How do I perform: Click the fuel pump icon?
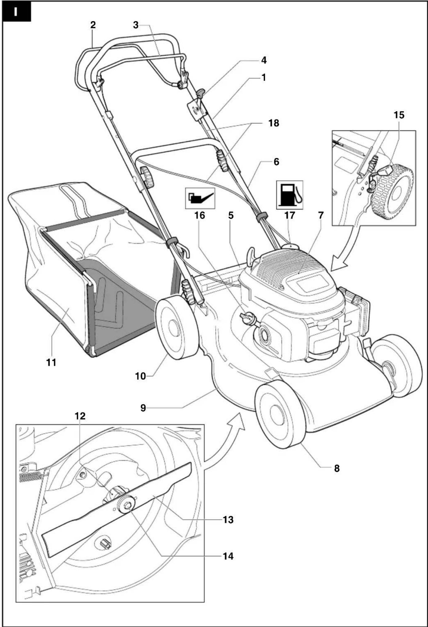[x=289, y=195]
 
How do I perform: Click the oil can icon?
[x=200, y=198]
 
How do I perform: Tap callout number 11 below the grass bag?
[x=51, y=362]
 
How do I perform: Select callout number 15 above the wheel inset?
[x=399, y=115]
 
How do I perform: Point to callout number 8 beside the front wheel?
[x=337, y=468]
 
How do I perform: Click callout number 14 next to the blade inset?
[x=228, y=556]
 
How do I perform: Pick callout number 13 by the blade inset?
[x=228, y=520]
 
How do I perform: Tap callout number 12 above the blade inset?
[x=80, y=416]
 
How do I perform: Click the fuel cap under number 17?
[x=290, y=246]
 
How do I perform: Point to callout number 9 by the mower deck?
[x=143, y=408]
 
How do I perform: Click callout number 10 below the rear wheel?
[x=141, y=376]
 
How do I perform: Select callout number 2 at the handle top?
[x=93, y=25]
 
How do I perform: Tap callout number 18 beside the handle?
[x=273, y=123]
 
